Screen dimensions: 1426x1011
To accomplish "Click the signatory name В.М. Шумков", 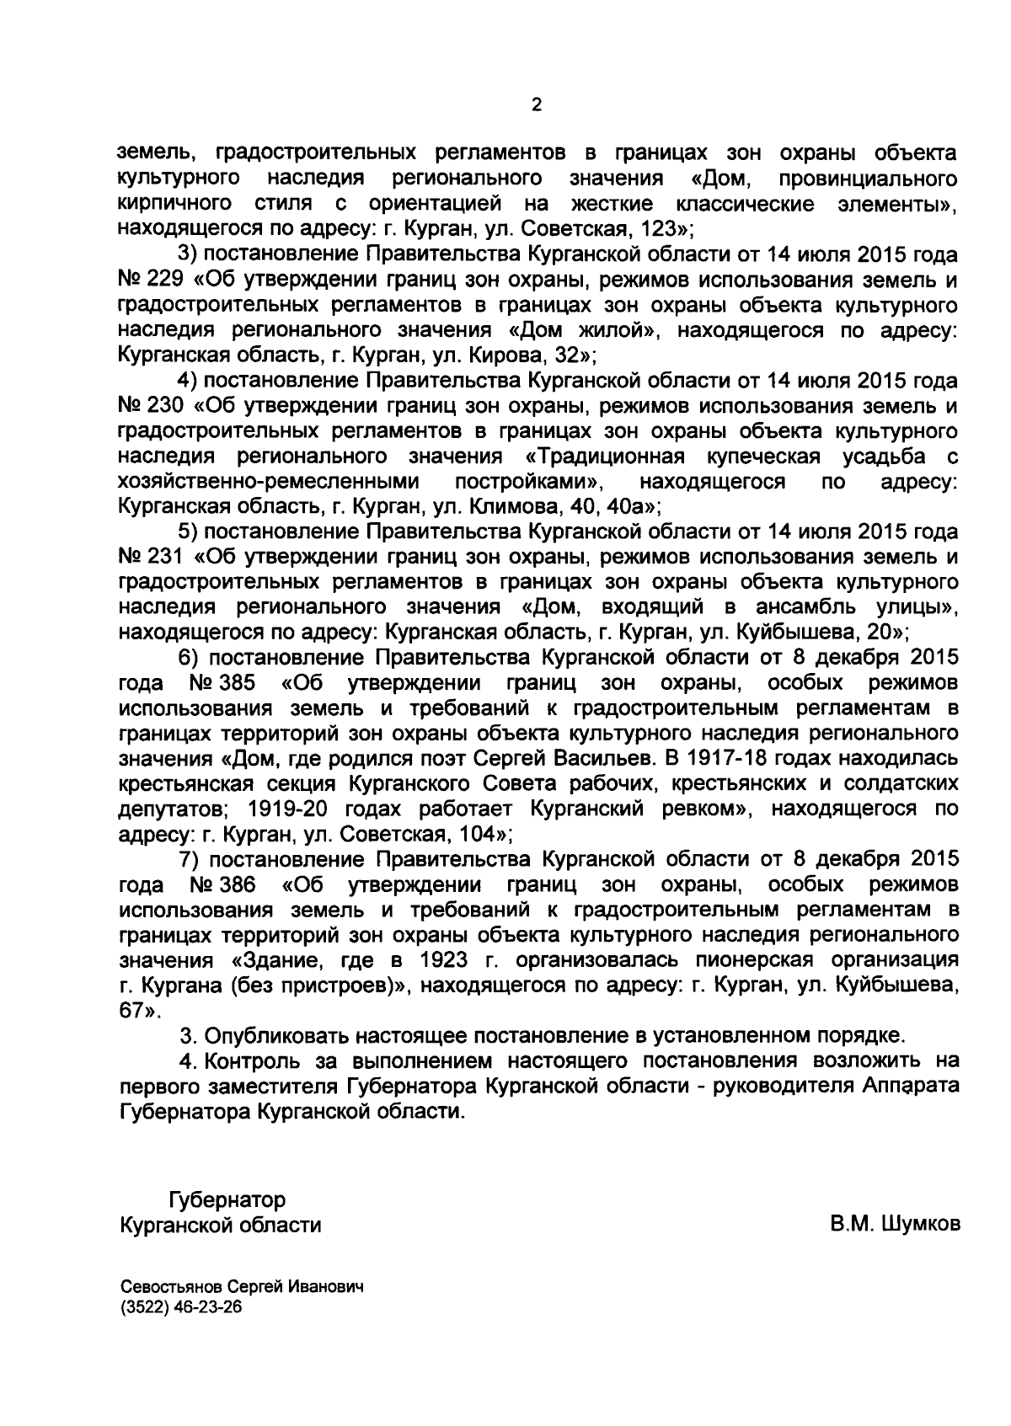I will pyautogui.click(x=895, y=1224).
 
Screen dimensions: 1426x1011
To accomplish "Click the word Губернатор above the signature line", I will pyautogui.click(x=227, y=1199).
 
